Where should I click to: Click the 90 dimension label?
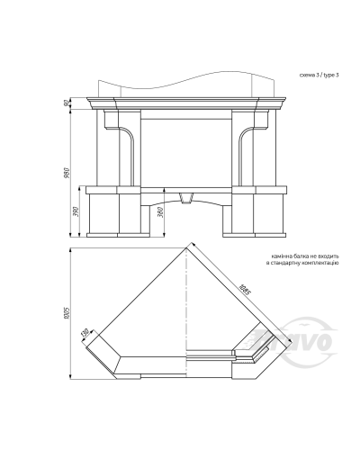point(67,103)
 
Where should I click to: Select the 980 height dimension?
point(67,173)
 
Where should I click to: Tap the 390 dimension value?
point(76,211)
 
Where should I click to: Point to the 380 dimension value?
point(161,212)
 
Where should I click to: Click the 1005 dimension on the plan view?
point(67,312)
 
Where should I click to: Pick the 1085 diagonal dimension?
point(244,290)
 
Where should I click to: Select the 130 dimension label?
point(85,333)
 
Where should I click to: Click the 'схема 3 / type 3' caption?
point(319,76)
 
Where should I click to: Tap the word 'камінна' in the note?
point(280,256)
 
